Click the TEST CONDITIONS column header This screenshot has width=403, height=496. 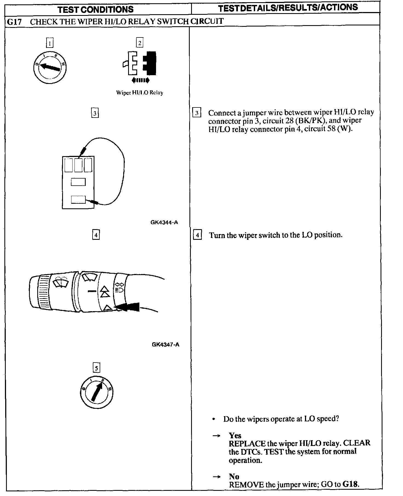click(96, 9)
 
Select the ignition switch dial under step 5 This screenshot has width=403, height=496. click(96, 393)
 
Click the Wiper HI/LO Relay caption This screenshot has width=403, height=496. click(140, 93)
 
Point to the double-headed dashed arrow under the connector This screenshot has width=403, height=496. click(140, 80)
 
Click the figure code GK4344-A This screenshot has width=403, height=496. click(164, 222)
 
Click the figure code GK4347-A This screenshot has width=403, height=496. click(165, 345)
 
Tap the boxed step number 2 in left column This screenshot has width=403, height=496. click(140, 43)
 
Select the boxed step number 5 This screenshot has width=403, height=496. click(96, 368)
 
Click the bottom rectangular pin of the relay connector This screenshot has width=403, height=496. click(78, 200)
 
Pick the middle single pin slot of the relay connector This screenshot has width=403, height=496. click(78, 182)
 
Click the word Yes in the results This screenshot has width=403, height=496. click(235, 435)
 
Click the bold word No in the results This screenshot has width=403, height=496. click(234, 476)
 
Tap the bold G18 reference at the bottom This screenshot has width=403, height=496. click(350, 484)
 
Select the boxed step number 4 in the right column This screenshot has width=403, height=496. click(197, 235)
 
